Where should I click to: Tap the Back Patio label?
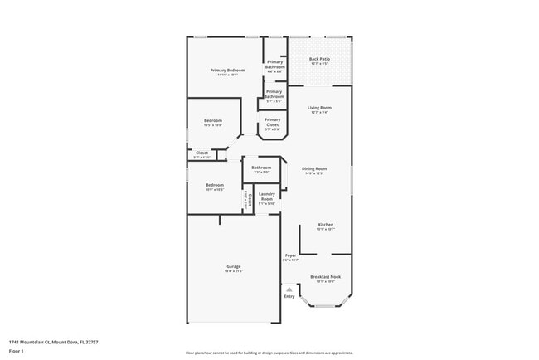pyautogui.click(x=319, y=59)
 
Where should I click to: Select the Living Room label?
pyautogui.click(x=319, y=108)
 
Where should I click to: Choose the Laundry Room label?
pyautogui.click(x=267, y=197)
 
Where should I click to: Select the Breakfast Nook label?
pyautogui.click(x=325, y=277)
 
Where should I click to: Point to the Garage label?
pyautogui.click(x=234, y=266)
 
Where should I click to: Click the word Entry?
pyautogui.click(x=289, y=296)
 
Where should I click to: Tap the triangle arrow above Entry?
pyautogui.click(x=289, y=289)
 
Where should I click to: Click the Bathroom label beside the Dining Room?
pyautogui.click(x=262, y=168)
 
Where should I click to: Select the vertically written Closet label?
pyautogui.click(x=247, y=199)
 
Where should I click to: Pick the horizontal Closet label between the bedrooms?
pyautogui.click(x=202, y=153)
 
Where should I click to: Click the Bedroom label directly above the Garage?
pyautogui.click(x=215, y=185)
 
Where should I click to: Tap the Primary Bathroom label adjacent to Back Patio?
pyautogui.click(x=275, y=64)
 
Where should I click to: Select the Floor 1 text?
pyautogui.click(x=17, y=352)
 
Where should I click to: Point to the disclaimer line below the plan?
pyautogui.click(x=269, y=353)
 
